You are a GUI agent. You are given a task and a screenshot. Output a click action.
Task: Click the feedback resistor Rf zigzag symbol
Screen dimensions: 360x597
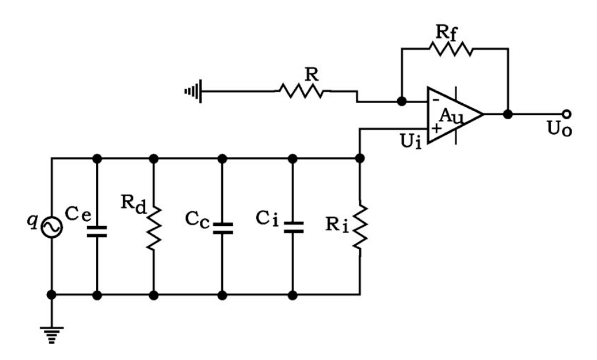pyautogui.click(x=454, y=50)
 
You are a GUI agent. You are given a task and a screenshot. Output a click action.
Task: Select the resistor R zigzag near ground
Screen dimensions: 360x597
pyautogui.click(x=301, y=91)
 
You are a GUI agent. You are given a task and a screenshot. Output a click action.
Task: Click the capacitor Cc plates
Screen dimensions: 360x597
pyautogui.click(x=222, y=228)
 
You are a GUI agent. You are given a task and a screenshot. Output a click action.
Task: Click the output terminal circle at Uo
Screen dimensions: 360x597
pyautogui.click(x=567, y=114)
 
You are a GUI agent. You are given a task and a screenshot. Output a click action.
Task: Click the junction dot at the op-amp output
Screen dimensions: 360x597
pyautogui.click(x=507, y=114)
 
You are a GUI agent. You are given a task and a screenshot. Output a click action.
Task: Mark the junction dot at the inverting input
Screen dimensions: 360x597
pyautogui.click(x=401, y=101)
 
